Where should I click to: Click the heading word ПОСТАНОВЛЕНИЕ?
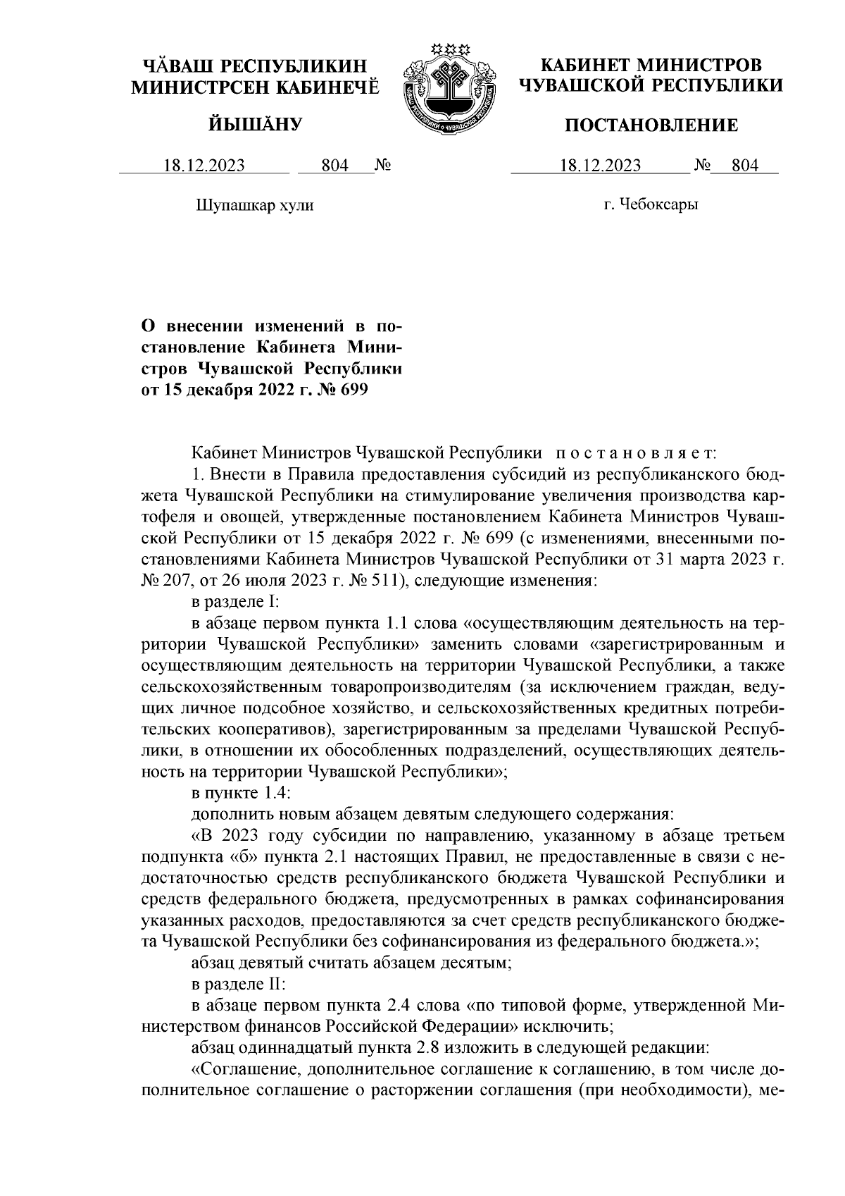(x=652, y=125)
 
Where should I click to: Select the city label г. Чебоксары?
(x=651, y=205)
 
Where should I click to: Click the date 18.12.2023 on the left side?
(x=204, y=166)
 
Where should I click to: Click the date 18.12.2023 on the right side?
(x=600, y=166)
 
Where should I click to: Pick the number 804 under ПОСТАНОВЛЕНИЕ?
(x=745, y=166)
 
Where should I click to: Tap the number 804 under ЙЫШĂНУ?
(x=334, y=166)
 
